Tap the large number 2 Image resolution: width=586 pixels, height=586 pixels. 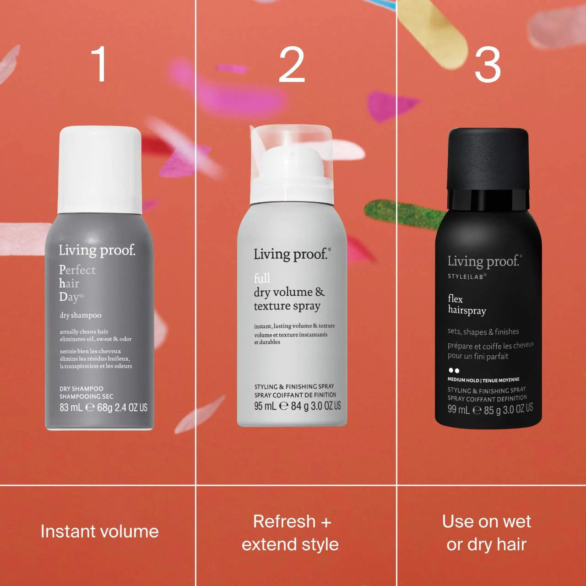click(x=292, y=65)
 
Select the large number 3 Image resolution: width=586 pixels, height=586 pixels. click(x=488, y=65)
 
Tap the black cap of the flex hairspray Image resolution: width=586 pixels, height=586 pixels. click(x=488, y=158)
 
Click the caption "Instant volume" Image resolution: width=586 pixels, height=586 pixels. click(x=99, y=532)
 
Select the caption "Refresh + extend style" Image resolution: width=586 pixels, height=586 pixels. click(x=291, y=533)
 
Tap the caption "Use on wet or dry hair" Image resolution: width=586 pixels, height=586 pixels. click(x=486, y=533)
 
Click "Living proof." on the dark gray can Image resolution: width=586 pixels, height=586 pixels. click(x=97, y=250)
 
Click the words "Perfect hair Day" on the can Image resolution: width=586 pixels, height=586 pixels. click(x=77, y=283)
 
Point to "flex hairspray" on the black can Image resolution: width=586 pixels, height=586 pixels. click(x=467, y=305)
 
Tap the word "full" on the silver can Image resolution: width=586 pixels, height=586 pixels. click(x=262, y=278)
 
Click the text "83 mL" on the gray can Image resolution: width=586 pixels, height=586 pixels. click(x=71, y=407)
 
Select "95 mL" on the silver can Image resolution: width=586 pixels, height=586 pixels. click(x=265, y=406)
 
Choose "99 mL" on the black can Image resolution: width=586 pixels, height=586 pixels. click(x=458, y=409)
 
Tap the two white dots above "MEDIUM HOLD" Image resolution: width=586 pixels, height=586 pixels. click(x=454, y=370)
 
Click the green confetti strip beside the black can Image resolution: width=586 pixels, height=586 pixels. click(x=403, y=212)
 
